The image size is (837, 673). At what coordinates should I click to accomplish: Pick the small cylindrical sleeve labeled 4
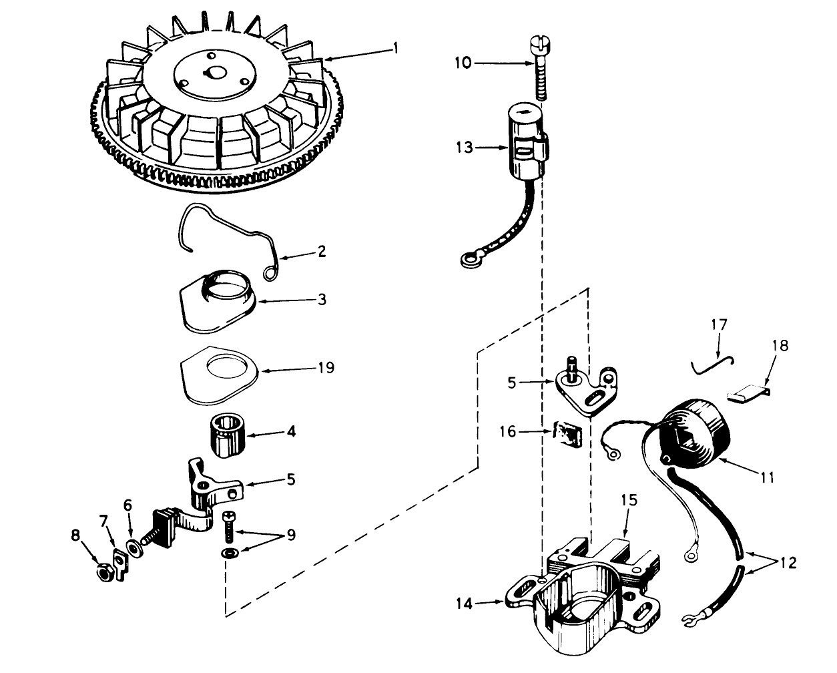(229, 435)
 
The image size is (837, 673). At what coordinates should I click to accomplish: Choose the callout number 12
(788, 562)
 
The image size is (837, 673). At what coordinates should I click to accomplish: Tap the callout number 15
(629, 499)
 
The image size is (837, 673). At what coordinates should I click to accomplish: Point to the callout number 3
(322, 299)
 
